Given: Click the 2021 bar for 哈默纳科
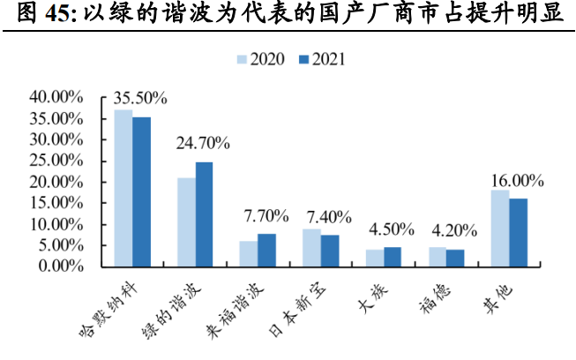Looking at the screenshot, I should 141,191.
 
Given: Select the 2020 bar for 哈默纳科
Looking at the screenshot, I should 123,188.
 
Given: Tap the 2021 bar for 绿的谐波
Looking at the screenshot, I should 204,214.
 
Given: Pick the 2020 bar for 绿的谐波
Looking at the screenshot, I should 186,221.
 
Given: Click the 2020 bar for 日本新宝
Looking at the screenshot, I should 311,247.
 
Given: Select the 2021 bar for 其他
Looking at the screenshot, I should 519,232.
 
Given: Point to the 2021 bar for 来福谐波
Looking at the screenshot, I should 266,250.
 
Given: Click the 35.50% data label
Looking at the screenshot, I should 138,98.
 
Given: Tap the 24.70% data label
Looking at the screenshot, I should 202,142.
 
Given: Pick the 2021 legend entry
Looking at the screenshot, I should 321,60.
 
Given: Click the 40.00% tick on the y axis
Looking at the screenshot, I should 56,96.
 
